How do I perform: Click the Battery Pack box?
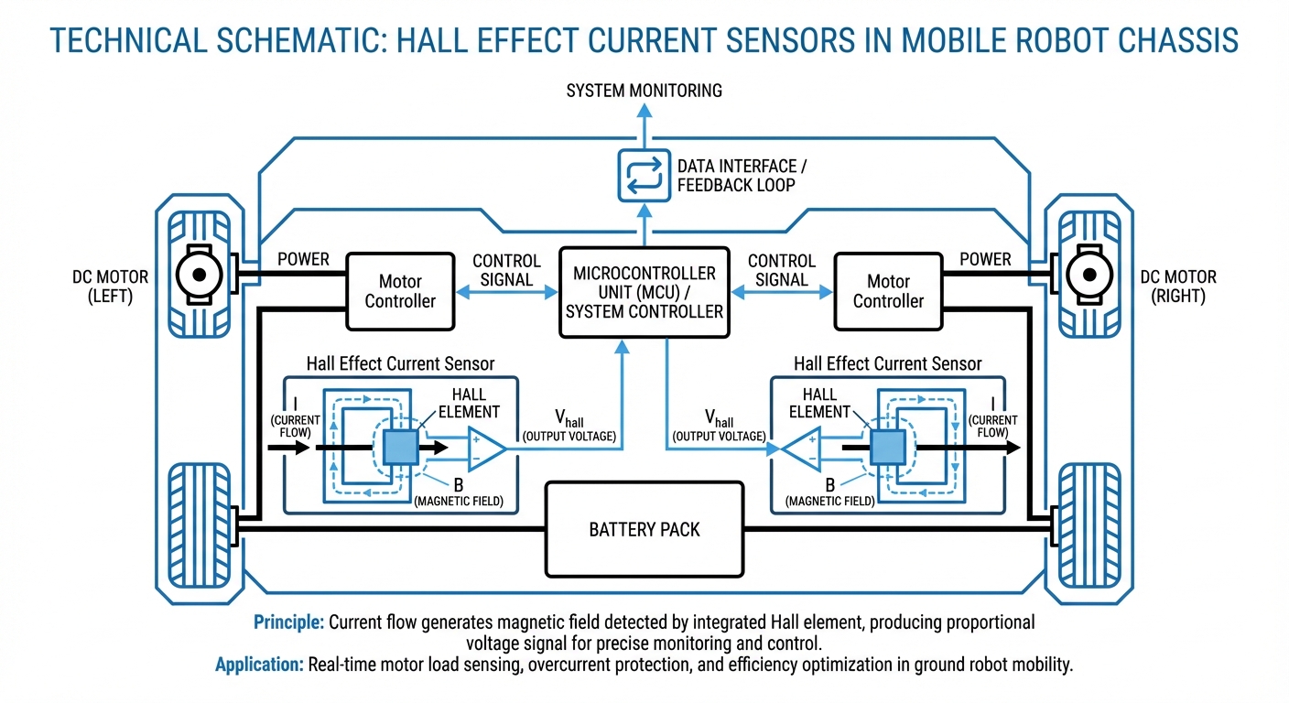pos(644,528)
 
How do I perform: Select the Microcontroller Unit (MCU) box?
pos(644,293)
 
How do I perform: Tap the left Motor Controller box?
pos(400,291)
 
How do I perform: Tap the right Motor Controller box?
pos(888,291)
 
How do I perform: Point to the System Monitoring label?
pos(644,91)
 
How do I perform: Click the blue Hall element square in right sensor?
pos(887,448)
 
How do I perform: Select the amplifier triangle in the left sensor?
pos(483,448)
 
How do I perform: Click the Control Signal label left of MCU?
pos(506,270)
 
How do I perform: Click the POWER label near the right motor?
pos(985,260)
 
